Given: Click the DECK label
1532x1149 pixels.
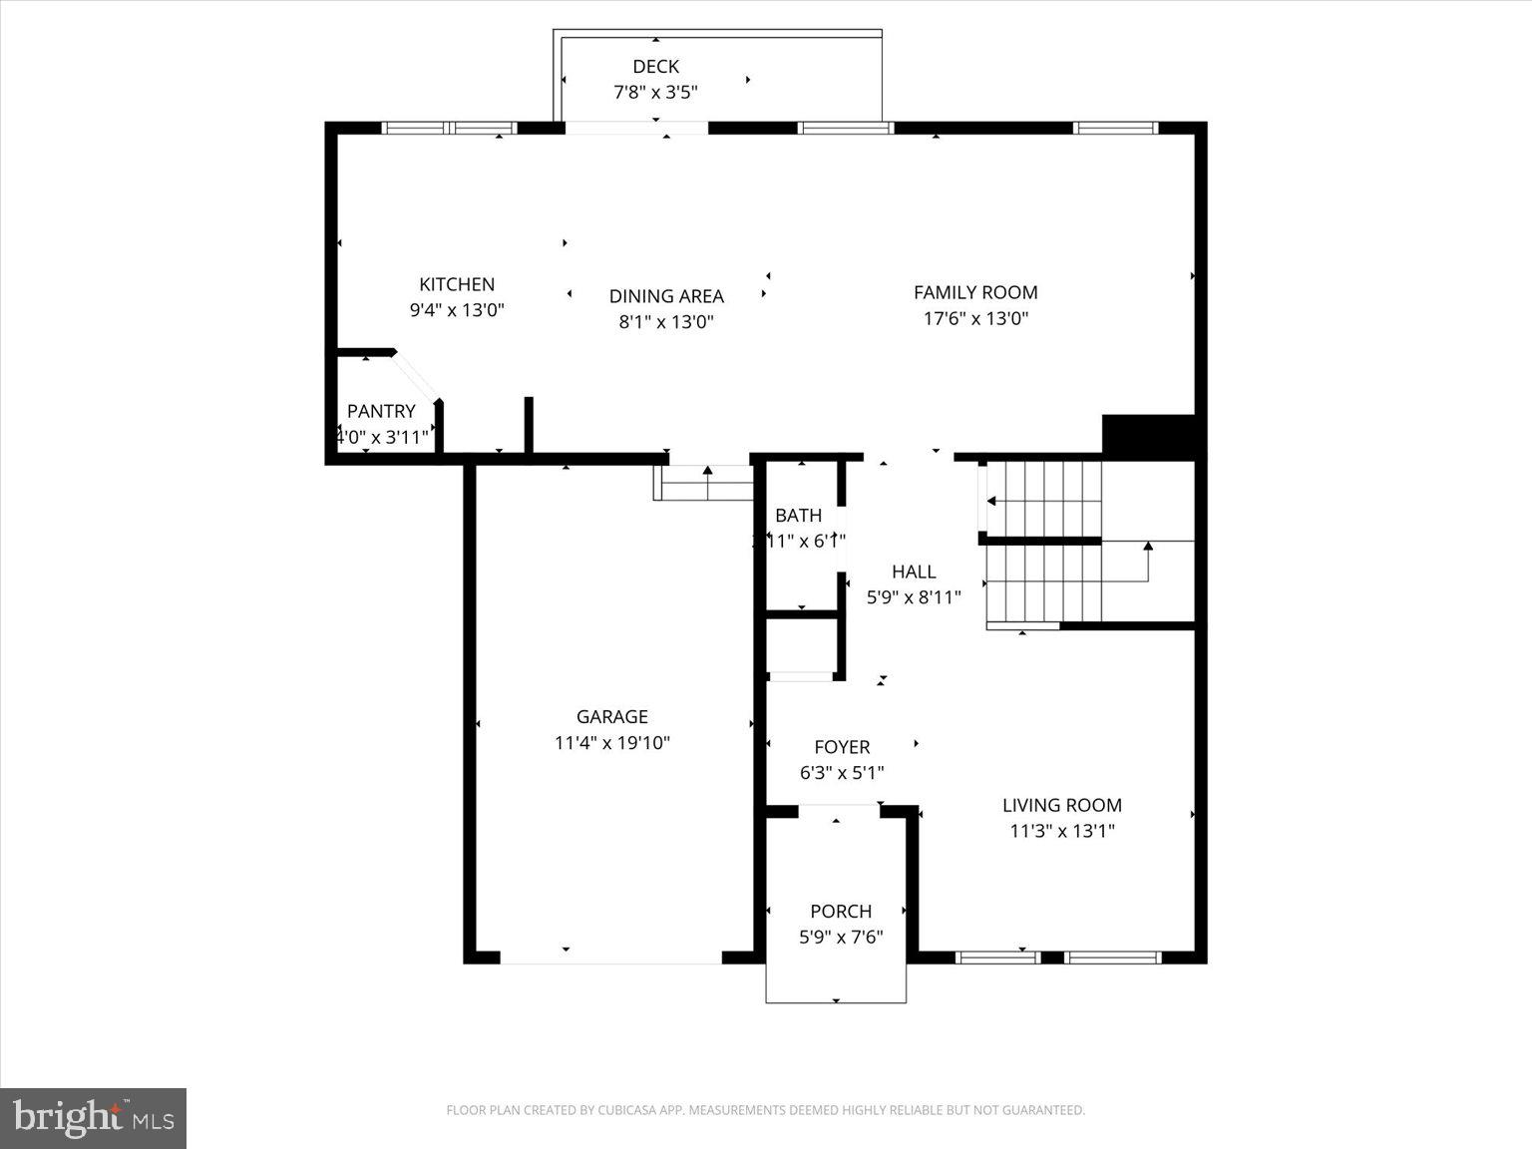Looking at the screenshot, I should (655, 67).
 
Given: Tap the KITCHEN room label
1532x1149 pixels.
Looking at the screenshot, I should (457, 284).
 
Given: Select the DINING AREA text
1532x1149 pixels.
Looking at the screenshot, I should (666, 296).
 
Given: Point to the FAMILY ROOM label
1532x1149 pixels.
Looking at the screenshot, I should (975, 292).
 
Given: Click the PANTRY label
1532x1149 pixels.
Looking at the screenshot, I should (381, 411).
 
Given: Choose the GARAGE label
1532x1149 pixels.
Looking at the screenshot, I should (611, 716).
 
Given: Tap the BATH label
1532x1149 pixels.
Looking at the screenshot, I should (798, 515).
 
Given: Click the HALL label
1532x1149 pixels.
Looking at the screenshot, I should (914, 572).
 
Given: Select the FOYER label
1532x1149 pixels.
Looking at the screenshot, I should (842, 747).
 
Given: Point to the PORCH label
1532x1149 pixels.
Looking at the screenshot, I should (841, 911).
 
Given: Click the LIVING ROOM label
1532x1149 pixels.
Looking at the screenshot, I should (1062, 805).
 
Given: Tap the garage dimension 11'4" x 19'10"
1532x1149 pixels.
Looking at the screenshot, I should (611, 743).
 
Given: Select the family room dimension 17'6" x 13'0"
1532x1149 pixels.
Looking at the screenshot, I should (975, 319).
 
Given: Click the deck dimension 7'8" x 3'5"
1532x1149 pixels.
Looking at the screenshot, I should (655, 93).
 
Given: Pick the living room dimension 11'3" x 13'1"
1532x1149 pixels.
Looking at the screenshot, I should (1062, 831).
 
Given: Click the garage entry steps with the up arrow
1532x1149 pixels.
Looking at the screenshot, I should (704, 484).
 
